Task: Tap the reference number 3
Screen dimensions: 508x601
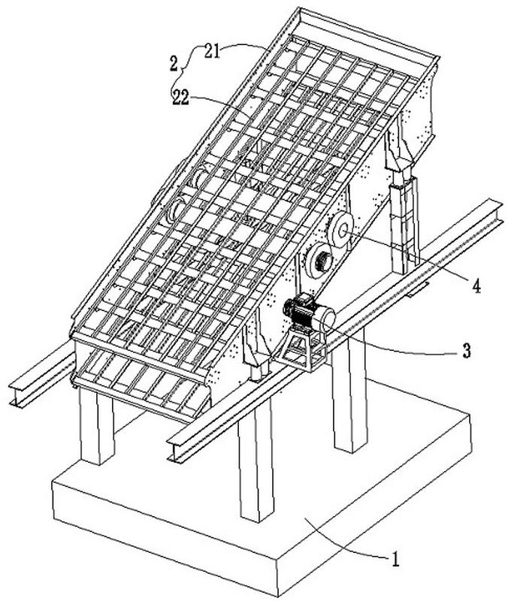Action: click(x=466, y=351)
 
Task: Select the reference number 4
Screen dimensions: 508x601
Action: click(x=476, y=285)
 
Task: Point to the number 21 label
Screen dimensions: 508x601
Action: click(x=213, y=51)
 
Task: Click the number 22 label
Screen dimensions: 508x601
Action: click(x=181, y=98)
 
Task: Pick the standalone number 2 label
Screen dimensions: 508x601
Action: click(x=174, y=64)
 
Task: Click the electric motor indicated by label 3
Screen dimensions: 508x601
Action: click(x=309, y=313)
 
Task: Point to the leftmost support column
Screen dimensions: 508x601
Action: click(x=97, y=426)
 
